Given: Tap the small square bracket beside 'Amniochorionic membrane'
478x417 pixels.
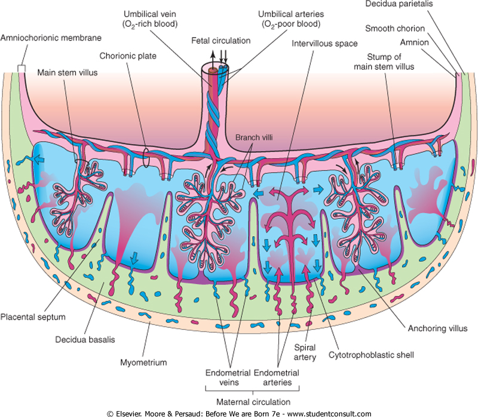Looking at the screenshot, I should tap(22, 69).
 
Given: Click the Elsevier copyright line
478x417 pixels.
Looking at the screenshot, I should tap(239, 413).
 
